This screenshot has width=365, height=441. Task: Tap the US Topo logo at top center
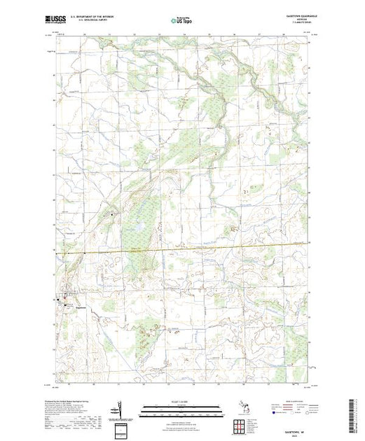[x=181, y=20]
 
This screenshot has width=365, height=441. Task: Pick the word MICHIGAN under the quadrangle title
[x=299, y=20]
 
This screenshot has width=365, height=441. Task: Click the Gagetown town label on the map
[x=79, y=306]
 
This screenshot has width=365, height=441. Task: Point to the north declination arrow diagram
[x=120, y=408]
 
